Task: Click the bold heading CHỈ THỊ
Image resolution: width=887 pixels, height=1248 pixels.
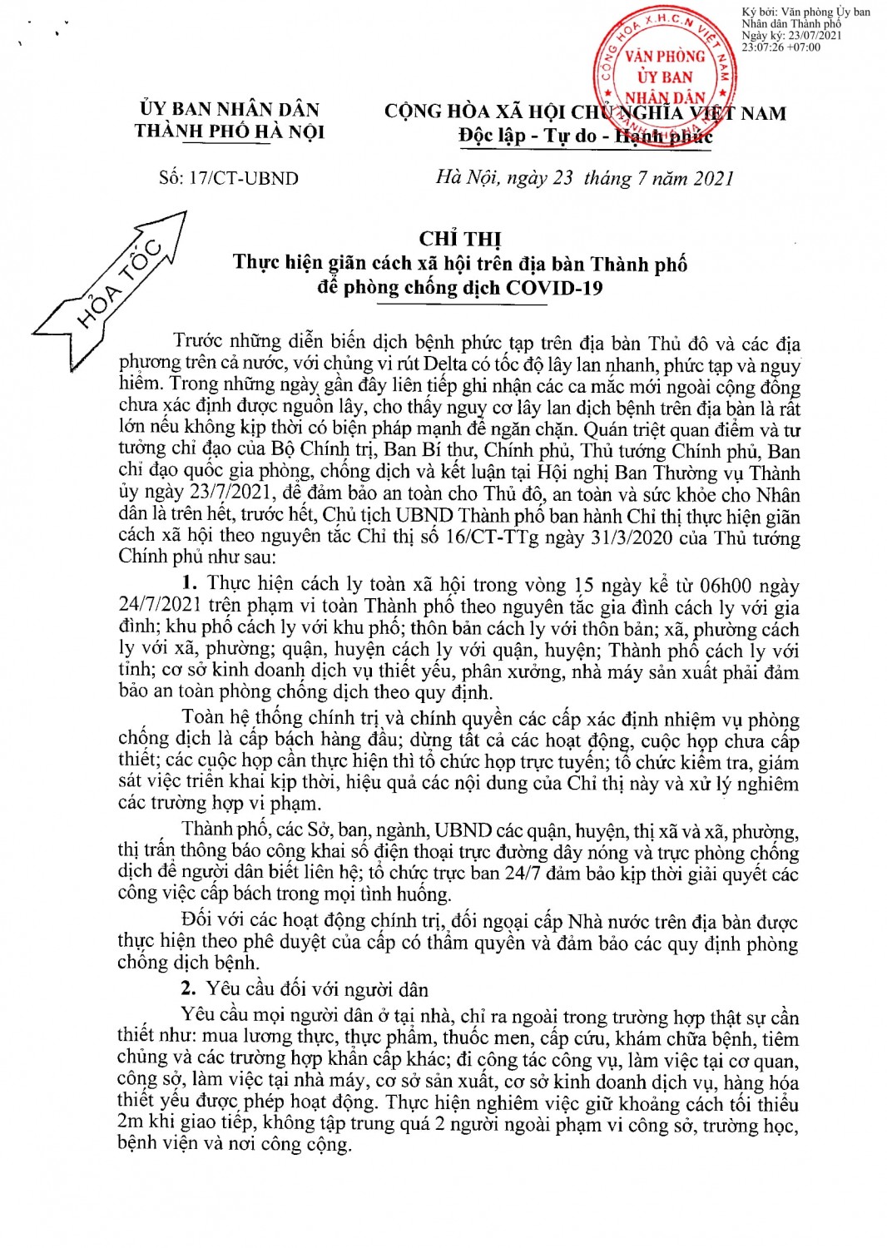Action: pyautogui.click(x=460, y=240)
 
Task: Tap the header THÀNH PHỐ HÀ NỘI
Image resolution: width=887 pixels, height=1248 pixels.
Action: pyautogui.click(x=230, y=131)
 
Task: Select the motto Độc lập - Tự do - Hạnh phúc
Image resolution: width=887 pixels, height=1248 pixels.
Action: pyautogui.click(x=585, y=136)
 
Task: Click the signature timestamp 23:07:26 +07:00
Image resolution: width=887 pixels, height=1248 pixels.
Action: pyautogui.click(x=780, y=47)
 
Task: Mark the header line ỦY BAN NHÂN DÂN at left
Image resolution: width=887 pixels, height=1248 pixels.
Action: pyautogui.click(x=230, y=110)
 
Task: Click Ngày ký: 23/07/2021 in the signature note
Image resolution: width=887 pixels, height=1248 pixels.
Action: pyautogui.click(x=791, y=36)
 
